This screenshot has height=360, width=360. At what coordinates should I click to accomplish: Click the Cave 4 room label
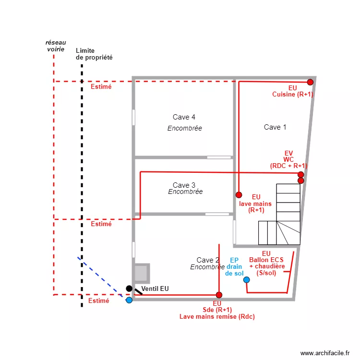click(184, 117)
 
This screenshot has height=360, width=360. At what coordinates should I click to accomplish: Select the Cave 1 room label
click(275, 127)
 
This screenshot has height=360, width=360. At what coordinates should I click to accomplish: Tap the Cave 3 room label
click(184, 185)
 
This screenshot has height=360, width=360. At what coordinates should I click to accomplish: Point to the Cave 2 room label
click(208, 260)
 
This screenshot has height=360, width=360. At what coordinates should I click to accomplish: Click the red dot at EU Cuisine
click(310, 82)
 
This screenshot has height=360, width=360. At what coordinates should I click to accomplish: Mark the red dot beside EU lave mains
click(239, 195)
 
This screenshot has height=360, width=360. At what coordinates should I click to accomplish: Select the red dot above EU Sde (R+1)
click(219, 295)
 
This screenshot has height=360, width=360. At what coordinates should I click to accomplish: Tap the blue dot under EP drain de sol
click(246, 279)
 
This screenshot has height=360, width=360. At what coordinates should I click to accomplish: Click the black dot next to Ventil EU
click(129, 288)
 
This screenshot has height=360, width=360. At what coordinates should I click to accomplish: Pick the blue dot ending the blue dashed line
click(129, 300)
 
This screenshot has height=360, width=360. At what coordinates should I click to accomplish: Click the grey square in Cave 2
click(141, 273)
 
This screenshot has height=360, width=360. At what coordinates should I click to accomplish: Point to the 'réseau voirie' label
click(56, 46)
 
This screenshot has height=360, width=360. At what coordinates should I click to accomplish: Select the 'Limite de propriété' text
click(94, 54)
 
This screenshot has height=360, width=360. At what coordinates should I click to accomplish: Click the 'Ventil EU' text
click(155, 288)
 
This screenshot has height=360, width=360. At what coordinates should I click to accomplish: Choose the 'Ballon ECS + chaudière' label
click(267, 263)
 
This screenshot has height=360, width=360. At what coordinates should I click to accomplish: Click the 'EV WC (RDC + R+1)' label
click(288, 159)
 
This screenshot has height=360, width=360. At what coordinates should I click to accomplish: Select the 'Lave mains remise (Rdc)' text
click(217, 316)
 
